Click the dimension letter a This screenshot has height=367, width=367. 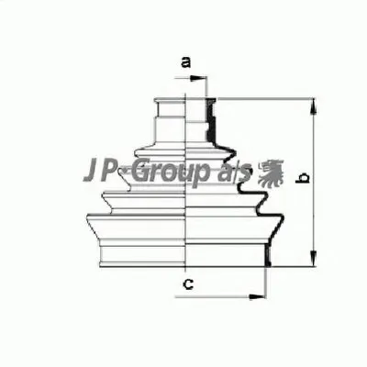click(x=185, y=62)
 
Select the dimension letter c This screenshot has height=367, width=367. click(x=186, y=284)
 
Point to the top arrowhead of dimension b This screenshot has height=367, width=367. click(x=313, y=99)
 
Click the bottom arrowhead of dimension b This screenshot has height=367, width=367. click(x=313, y=259)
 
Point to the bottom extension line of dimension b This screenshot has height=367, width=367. click(x=294, y=264)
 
